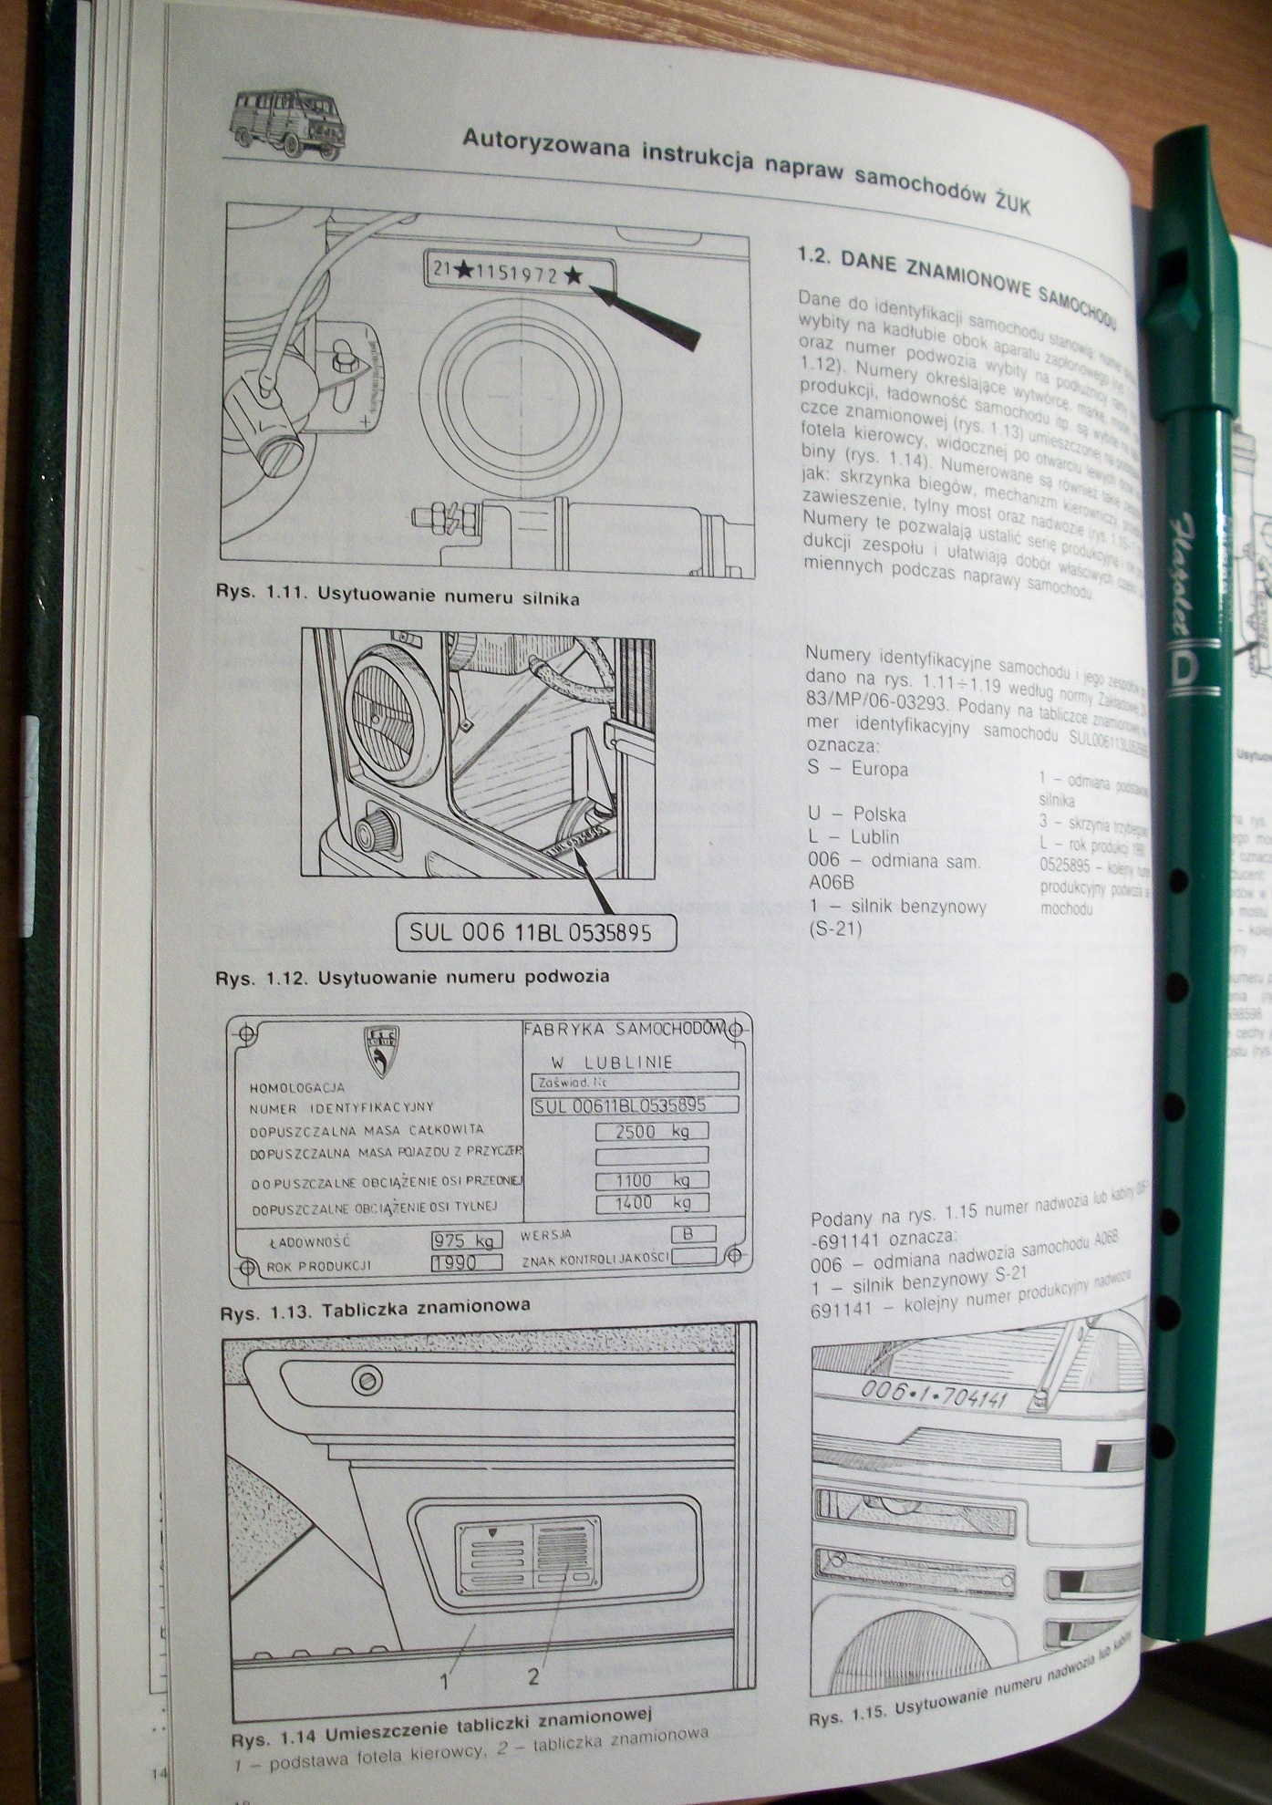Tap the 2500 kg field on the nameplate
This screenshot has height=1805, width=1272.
[x=651, y=1132]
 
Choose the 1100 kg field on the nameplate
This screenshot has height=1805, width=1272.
[x=651, y=1180]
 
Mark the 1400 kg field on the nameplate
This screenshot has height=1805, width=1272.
[x=651, y=1203]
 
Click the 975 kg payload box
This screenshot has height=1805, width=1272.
[x=466, y=1240]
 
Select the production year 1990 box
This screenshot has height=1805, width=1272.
[x=466, y=1263]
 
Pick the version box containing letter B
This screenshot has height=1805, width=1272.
[x=692, y=1234]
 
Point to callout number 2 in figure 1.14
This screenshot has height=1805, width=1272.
[x=533, y=1675]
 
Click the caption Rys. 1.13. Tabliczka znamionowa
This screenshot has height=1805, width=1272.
[x=375, y=1309]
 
